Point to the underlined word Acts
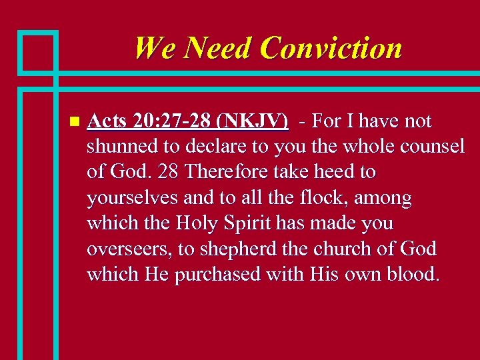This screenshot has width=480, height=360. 107,121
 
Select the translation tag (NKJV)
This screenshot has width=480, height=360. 257,121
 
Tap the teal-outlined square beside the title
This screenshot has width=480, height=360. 39,51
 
